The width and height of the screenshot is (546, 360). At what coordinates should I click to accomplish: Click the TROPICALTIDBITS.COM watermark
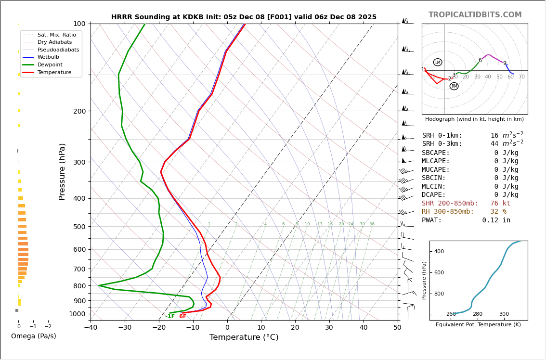point(475,15)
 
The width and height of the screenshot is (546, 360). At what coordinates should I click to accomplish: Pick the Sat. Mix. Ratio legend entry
point(56,35)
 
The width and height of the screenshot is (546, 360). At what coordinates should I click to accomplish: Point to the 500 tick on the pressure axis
point(79,227)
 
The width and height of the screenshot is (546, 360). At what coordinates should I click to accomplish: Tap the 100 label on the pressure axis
point(79,24)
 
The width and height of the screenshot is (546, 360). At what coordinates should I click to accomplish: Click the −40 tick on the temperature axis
point(91,328)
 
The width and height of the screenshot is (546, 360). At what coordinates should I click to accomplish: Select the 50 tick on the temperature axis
point(397,328)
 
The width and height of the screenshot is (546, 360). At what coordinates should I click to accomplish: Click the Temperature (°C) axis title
point(244,337)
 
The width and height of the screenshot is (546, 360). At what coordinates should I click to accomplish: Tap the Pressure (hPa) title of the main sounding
point(62,171)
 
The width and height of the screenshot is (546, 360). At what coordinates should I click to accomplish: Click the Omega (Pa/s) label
point(34,336)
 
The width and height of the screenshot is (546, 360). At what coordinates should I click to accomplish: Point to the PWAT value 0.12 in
point(496,220)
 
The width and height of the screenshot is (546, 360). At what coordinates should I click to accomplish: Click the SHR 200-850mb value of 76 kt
point(500,204)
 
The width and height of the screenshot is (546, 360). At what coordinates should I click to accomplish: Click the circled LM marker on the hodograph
point(438,62)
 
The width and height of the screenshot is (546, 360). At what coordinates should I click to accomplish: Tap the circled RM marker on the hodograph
point(454,86)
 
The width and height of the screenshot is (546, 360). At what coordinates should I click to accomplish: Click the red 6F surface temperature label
point(182,316)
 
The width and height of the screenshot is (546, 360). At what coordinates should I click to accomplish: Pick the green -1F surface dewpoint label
point(170,316)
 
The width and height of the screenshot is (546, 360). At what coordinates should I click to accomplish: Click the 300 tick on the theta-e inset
point(504,314)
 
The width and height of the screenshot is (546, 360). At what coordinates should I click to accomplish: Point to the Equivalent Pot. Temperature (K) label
point(478,324)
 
